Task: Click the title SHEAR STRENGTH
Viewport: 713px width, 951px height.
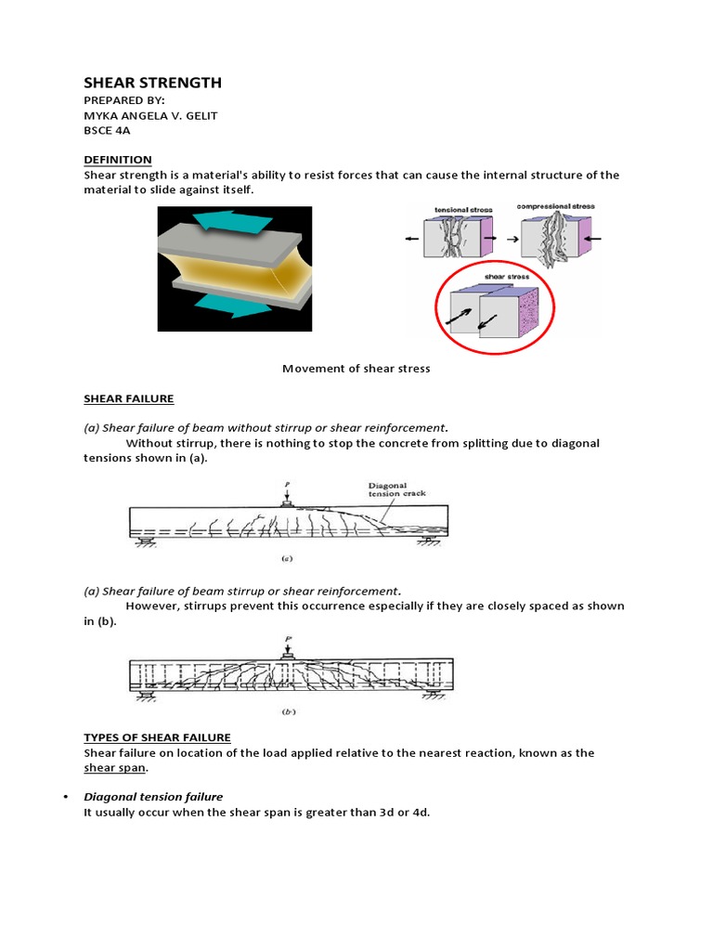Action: tap(153, 84)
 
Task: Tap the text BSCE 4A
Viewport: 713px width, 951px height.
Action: tap(107, 131)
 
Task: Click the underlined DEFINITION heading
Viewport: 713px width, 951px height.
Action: tap(118, 160)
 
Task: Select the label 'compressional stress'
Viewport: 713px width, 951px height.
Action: tap(556, 206)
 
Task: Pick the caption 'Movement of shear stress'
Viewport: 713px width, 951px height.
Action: tap(356, 369)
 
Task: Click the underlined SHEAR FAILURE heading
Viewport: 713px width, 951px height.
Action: tap(129, 398)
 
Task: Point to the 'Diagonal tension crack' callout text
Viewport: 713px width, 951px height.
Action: tap(396, 489)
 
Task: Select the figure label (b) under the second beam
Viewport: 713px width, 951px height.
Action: tap(288, 713)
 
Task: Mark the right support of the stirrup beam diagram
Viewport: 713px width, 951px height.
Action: tap(433, 696)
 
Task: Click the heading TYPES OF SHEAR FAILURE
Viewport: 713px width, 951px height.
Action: tap(157, 737)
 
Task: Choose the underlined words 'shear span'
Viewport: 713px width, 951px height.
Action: tap(115, 768)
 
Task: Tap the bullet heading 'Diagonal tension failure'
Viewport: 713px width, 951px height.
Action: tap(153, 797)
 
